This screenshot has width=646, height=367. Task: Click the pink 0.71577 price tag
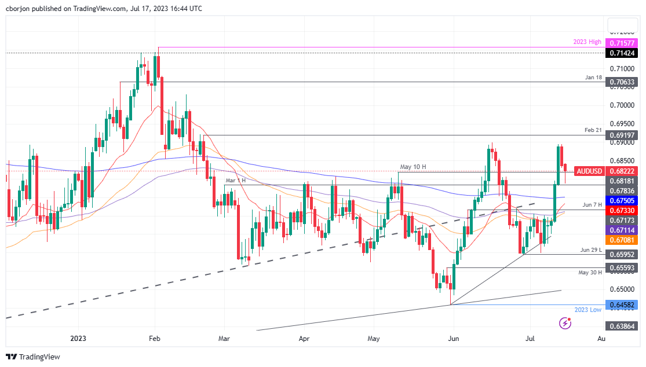coord(622,43)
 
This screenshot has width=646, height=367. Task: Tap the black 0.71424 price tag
coord(622,53)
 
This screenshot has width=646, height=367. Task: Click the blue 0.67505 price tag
coord(622,200)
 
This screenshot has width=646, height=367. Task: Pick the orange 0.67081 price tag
coord(622,239)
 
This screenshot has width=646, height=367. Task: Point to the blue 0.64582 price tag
coord(622,304)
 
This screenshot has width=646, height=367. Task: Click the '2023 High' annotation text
coord(587,43)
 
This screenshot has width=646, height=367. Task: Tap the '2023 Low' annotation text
coord(587,310)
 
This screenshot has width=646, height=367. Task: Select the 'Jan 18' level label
coord(593,77)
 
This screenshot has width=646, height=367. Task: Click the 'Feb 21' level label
coord(593,130)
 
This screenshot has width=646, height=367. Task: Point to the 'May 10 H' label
coord(414,167)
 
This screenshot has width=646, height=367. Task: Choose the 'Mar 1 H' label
coord(235,181)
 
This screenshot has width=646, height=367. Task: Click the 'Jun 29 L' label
coord(591,249)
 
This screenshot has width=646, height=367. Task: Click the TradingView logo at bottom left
coord(32,357)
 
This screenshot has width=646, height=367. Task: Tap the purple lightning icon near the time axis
coord(565,323)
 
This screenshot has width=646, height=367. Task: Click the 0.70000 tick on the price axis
coord(621,105)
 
